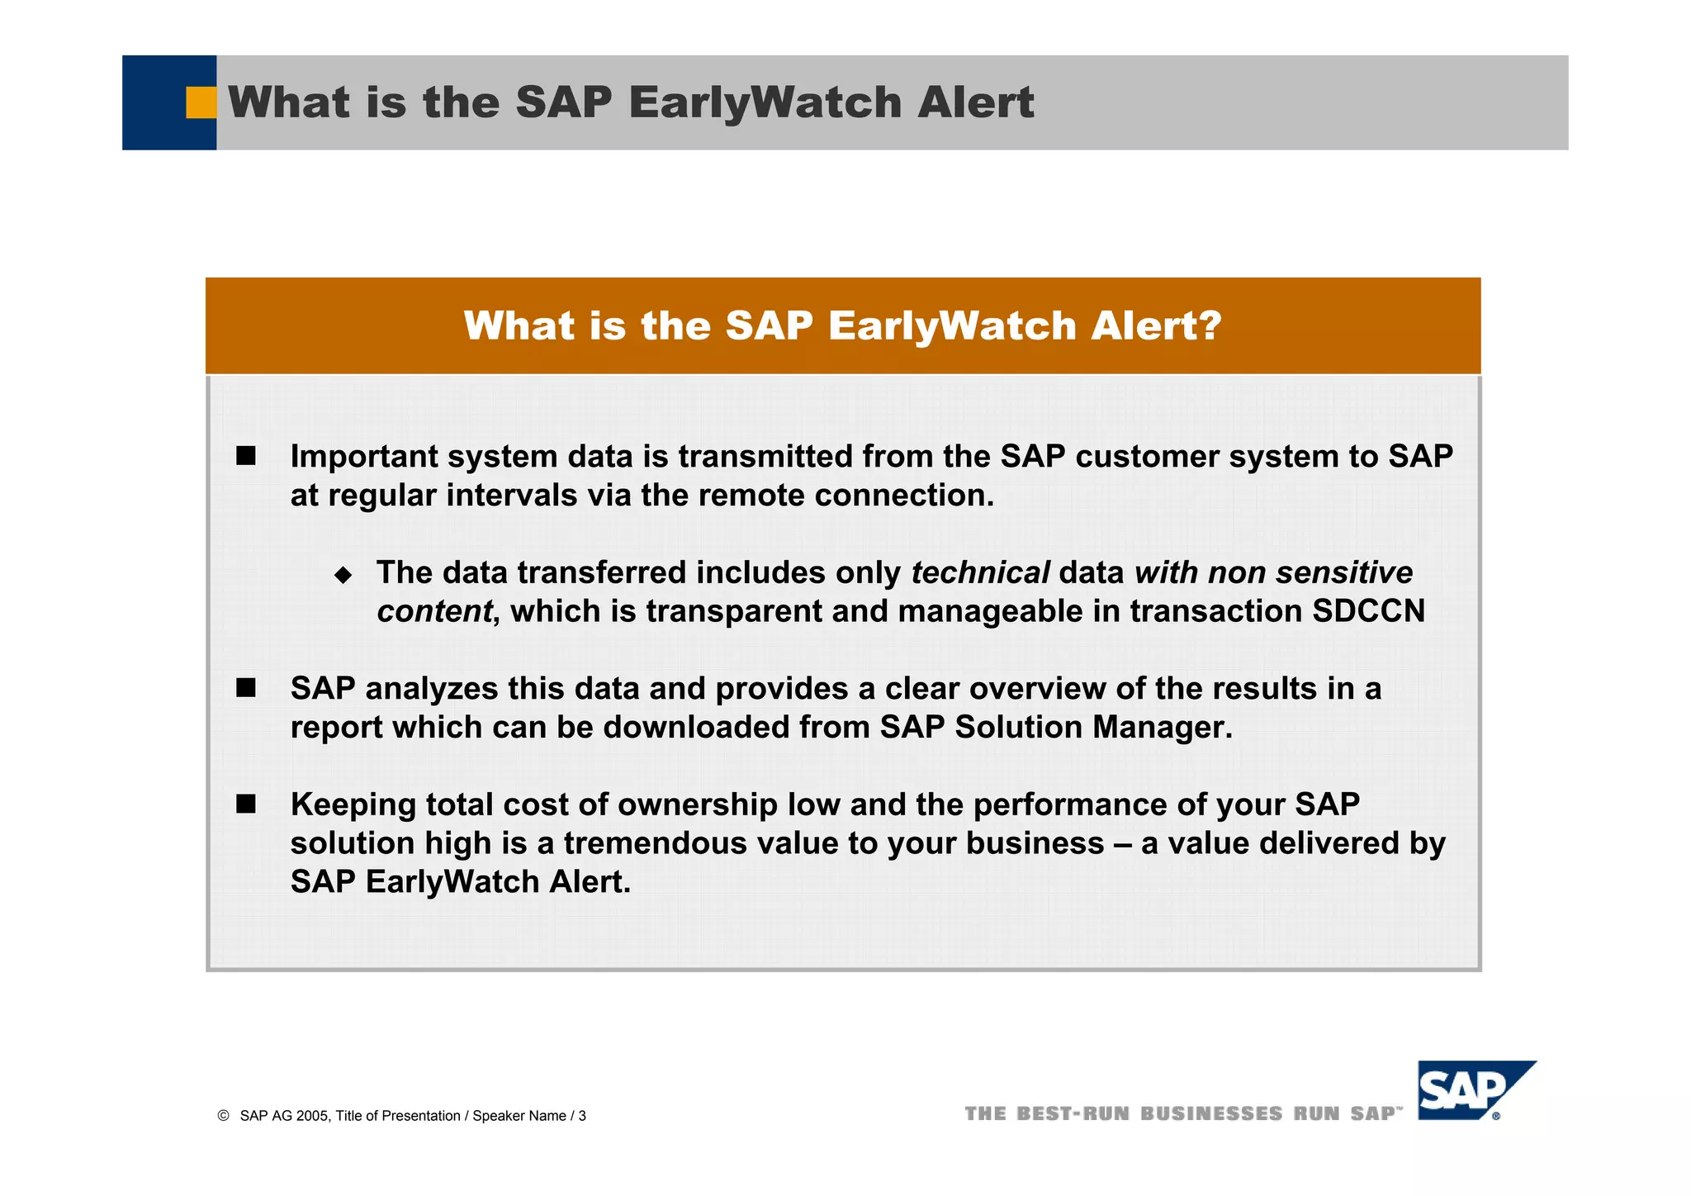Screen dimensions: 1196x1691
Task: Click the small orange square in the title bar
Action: click(201, 102)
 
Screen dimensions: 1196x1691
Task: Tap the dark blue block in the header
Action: click(157, 102)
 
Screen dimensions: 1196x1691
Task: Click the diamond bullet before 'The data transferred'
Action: click(343, 575)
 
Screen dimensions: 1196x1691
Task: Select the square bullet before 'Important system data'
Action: click(246, 456)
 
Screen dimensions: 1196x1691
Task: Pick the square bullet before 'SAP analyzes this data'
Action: click(246, 688)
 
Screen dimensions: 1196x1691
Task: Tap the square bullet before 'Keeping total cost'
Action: click(246, 804)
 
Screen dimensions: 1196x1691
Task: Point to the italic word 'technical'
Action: click(980, 572)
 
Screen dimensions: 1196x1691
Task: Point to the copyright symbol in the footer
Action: click(223, 1116)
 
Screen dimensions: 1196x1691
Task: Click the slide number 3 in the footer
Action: click(582, 1116)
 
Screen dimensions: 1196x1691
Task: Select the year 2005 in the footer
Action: click(312, 1116)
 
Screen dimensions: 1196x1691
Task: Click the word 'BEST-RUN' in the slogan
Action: click(1073, 1114)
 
